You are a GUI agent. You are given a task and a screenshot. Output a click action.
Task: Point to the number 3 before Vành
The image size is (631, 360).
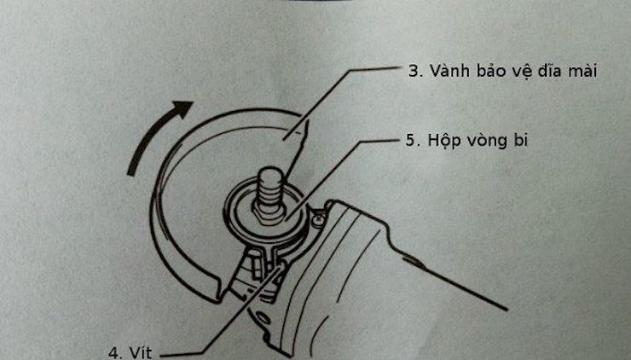(414, 72)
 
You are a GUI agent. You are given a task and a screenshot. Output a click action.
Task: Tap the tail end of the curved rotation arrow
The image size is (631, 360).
(131, 171)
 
